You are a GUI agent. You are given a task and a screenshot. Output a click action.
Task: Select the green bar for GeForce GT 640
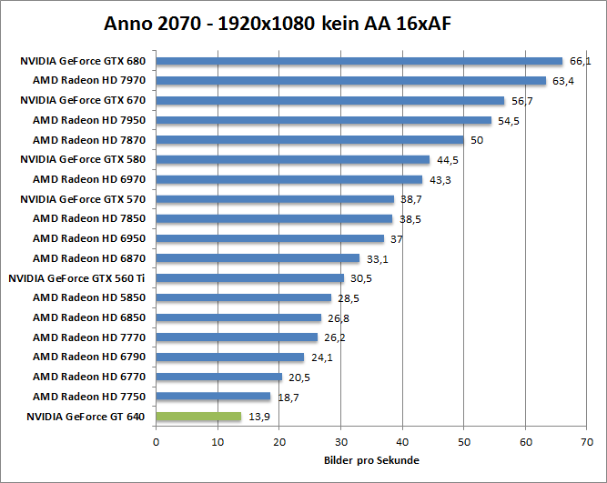(x=198, y=417)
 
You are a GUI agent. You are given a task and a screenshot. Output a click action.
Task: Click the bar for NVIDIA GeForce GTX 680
(x=359, y=61)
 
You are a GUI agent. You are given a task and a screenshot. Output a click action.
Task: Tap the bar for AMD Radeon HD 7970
(x=351, y=81)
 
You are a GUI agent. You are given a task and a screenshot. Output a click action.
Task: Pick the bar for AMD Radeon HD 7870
(x=309, y=140)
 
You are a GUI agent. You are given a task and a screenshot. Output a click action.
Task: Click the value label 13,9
(x=259, y=417)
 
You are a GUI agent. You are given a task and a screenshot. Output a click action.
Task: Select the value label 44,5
(x=448, y=160)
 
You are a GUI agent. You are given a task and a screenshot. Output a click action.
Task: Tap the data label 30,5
(x=361, y=278)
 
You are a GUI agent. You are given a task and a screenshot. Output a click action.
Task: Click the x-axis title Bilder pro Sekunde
(x=370, y=460)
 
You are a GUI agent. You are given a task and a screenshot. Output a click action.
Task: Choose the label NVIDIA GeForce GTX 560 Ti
(x=77, y=278)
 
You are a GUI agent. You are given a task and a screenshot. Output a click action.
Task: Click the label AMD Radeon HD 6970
(x=88, y=179)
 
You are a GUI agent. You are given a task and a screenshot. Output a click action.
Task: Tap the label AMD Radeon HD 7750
(x=88, y=397)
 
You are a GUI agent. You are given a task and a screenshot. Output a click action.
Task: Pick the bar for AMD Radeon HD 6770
(x=219, y=377)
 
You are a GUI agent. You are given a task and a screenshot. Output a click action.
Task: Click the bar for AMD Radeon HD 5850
(x=244, y=297)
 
